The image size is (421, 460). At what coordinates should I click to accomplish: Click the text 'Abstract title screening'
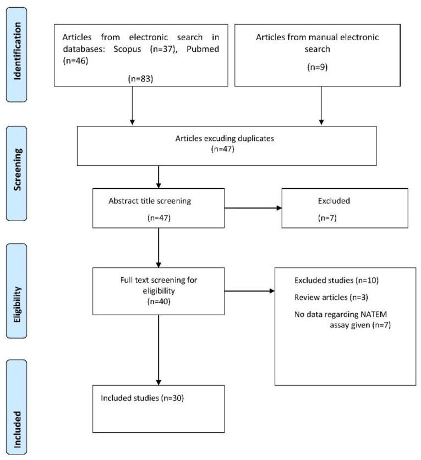coord(150,201)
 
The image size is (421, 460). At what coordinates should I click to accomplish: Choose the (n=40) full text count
coord(158,301)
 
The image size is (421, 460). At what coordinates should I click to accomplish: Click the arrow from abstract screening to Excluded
coord(253,208)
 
